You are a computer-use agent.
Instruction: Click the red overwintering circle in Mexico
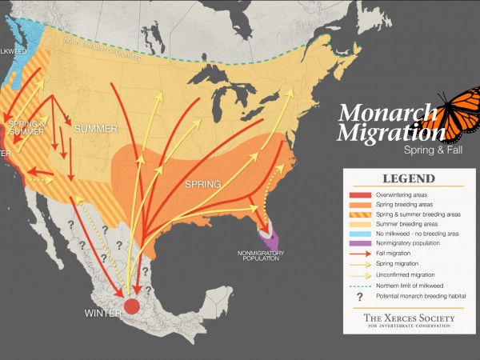[132, 305]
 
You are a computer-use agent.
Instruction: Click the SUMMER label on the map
[96, 128]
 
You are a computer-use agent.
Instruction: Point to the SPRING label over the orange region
[202, 184]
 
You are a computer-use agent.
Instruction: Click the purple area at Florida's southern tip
[272, 239]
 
